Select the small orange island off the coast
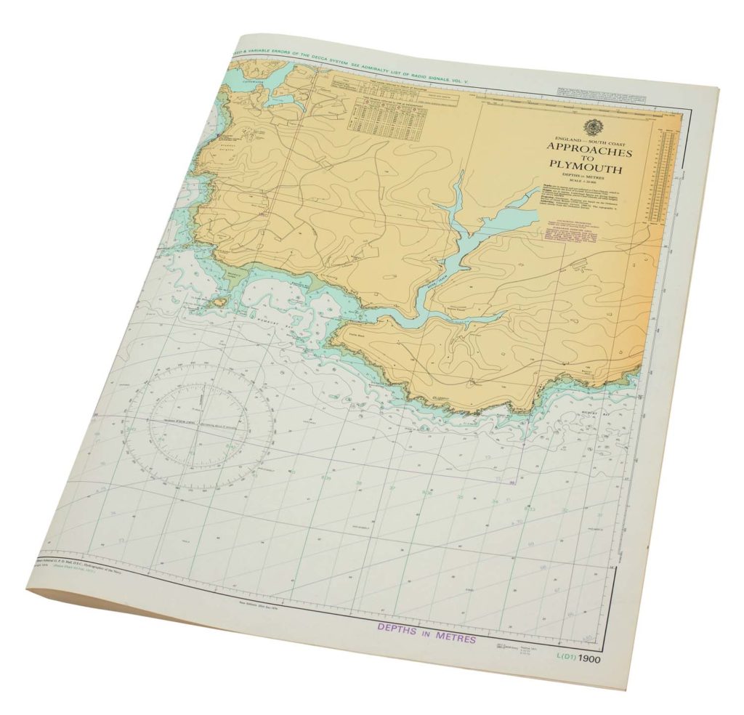point(220,300)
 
